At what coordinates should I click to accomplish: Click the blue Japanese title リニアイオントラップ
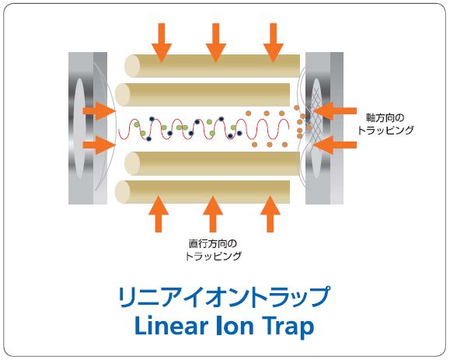pyautogui.click(x=224, y=297)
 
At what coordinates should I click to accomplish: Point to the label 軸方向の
pyautogui.click(x=385, y=118)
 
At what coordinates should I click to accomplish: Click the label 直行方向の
pyautogui.click(x=213, y=243)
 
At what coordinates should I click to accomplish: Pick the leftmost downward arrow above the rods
pyautogui.click(x=162, y=43)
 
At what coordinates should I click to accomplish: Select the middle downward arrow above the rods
pyautogui.click(x=216, y=43)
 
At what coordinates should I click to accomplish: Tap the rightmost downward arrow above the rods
pyautogui.click(x=274, y=43)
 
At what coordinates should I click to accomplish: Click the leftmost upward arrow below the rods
pyautogui.click(x=159, y=214)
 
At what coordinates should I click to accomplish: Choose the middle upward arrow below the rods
pyautogui.click(x=213, y=214)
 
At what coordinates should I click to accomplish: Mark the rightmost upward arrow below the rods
pyautogui.click(x=270, y=214)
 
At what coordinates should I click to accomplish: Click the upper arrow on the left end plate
pyautogui.click(x=99, y=111)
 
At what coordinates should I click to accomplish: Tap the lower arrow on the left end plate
pyautogui.click(x=99, y=145)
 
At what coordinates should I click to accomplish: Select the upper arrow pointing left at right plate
pyautogui.click(x=335, y=111)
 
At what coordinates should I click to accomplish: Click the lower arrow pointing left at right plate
pyautogui.click(x=335, y=145)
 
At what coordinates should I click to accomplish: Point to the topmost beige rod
pyautogui.click(x=212, y=66)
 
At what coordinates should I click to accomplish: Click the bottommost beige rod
pyautogui.click(x=202, y=192)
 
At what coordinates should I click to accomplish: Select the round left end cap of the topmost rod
pyautogui.click(x=131, y=66)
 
